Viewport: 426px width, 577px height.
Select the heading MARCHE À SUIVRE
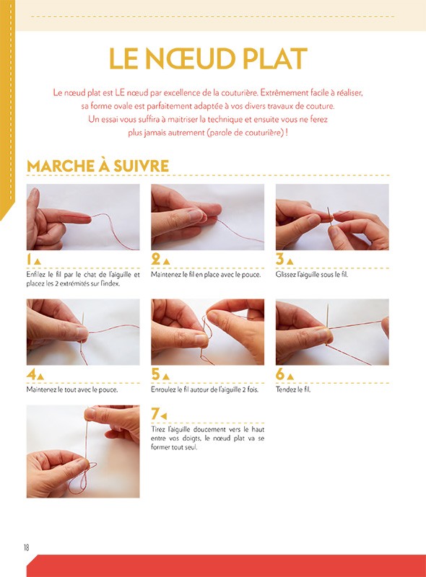click(x=97, y=165)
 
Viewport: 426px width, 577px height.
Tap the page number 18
click(x=26, y=547)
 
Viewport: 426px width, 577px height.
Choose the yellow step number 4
click(x=31, y=375)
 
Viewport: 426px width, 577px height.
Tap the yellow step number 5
click(x=155, y=375)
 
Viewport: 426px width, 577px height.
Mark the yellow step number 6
click(x=280, y=375)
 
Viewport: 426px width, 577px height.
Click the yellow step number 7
click(x=155, y=414)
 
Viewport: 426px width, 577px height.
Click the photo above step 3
click(x=332, y=216)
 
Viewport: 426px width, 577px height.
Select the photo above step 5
click(x=207, y=332)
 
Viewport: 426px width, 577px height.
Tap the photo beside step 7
click(x=83, y=451)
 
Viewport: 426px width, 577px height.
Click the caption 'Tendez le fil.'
click(x=293, y=389)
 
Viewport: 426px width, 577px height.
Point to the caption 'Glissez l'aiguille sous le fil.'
click(x=312, y=275)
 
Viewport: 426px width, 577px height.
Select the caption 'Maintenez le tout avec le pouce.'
click(x=72, y=389)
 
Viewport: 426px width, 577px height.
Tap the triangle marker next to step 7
click(x=164, y=416)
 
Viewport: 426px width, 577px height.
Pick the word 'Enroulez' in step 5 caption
click(x=163, y=389)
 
